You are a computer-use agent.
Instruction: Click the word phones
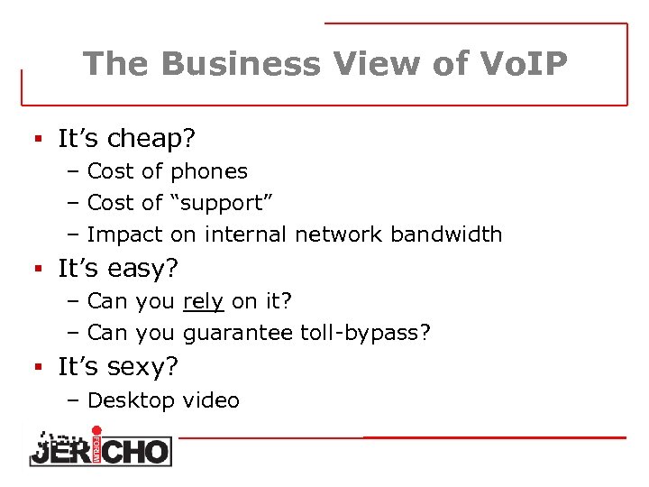[209, 170]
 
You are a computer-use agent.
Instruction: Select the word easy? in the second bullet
[147, 268]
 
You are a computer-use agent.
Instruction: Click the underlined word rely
[203, 301]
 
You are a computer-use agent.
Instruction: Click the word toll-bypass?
[365, 334]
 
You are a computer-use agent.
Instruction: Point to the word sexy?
[148, 367]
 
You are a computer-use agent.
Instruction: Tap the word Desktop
[131, 400]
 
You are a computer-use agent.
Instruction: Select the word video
[211, 400]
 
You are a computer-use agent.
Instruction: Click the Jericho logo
[99, 446]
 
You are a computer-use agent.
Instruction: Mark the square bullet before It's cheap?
[39, 139]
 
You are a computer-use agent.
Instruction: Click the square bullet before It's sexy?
[39, 367]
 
